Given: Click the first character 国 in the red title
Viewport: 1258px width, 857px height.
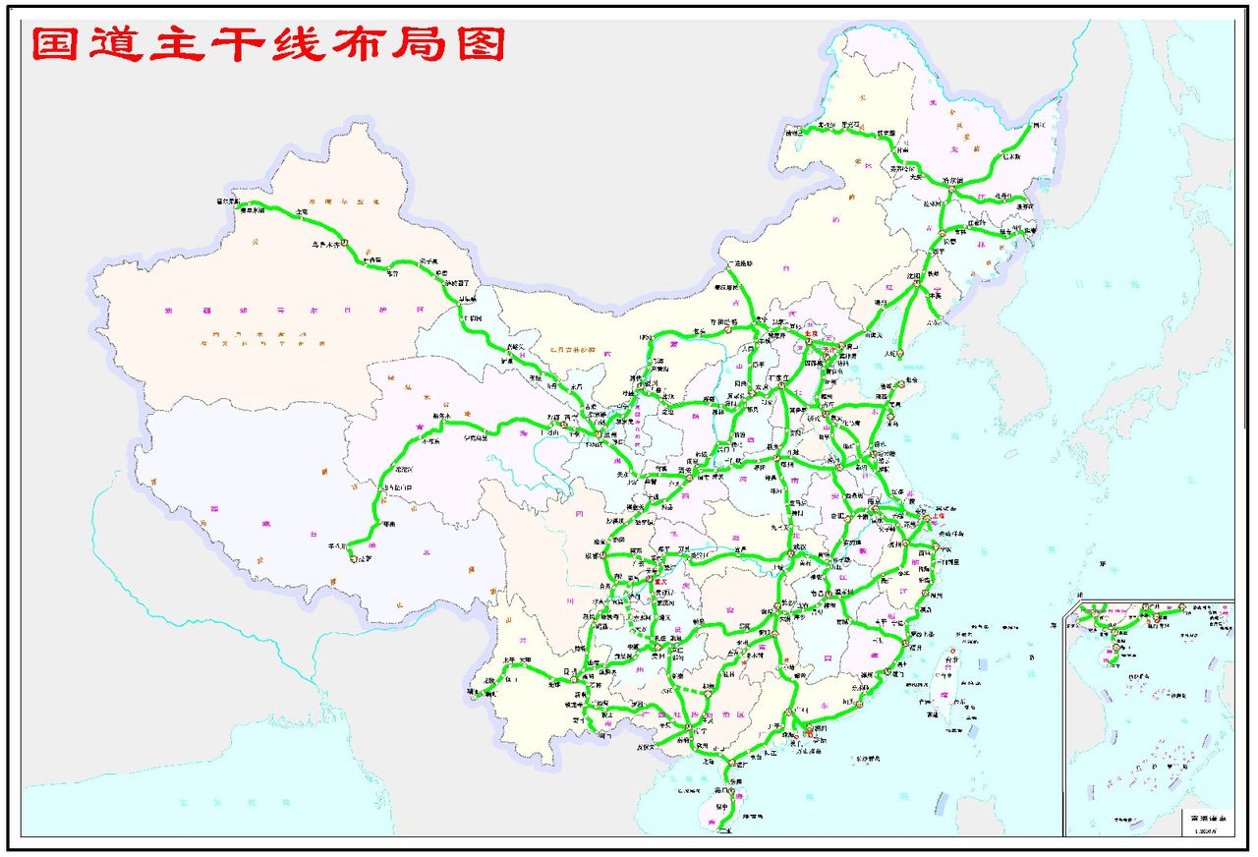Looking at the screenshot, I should pyautogui.click(x=55, y=44).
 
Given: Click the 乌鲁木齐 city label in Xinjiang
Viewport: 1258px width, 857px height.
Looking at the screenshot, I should pyautogui.click(x=330, y=242).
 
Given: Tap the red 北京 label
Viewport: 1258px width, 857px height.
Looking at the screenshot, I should pyautogui.click(x=812, y=333).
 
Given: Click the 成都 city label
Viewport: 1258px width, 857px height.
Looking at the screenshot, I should pyautogui.click(x=598, y=555).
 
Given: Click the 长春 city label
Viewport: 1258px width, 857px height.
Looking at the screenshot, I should pyautogui.click(x=949, y=240).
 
